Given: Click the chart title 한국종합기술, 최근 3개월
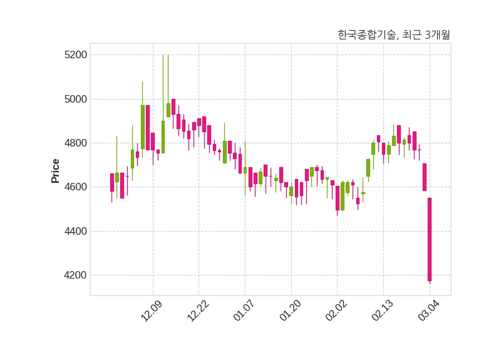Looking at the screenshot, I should coord(393,35).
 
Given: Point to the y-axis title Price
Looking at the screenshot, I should coord(56,171).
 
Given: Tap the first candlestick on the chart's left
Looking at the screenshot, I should coord(112,182).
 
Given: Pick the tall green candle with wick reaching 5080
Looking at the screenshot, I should coord(143,127).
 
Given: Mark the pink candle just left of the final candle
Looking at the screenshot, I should coord(425,177).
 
